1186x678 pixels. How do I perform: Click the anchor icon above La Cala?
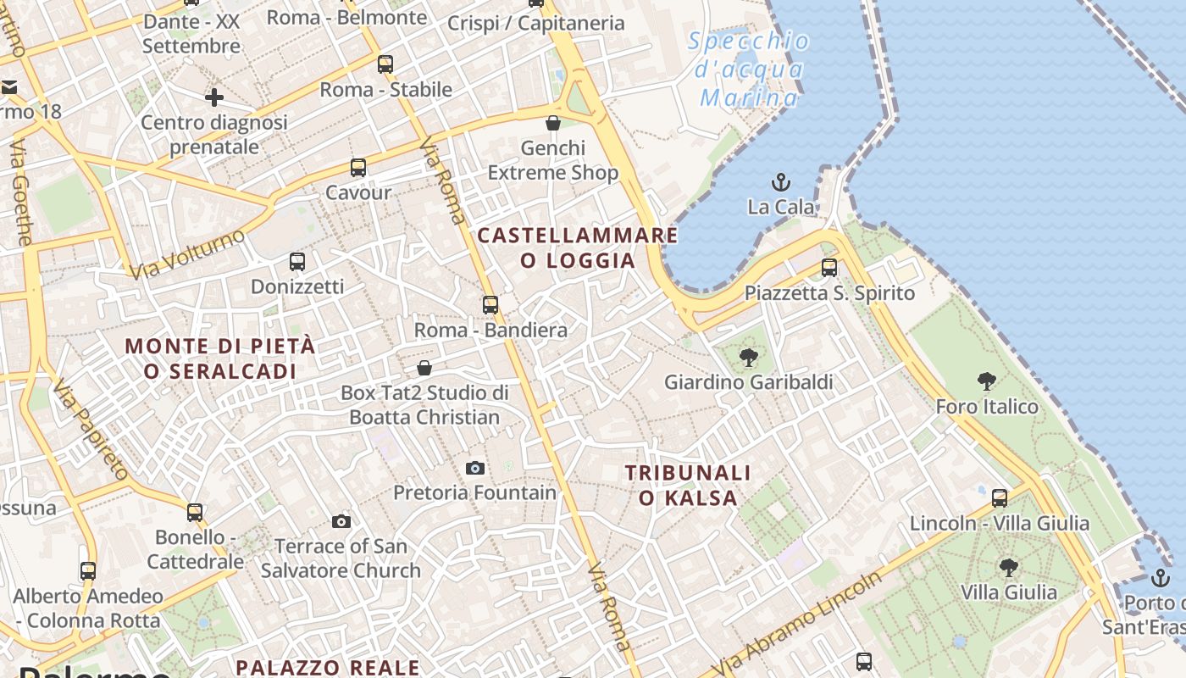tap(780, 182)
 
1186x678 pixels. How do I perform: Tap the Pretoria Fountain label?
tap(475, 492)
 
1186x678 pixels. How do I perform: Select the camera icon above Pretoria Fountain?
tap(475, 468)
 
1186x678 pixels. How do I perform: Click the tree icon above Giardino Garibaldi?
tap(748, 358)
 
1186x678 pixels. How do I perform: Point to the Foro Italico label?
tap(986, 407)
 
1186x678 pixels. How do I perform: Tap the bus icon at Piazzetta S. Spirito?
tap(829, 268)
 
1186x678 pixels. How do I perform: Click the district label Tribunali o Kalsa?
tap(688, 485)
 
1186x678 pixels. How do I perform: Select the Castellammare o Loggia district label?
tap(578, 247)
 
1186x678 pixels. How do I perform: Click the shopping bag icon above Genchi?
tap(553, 124)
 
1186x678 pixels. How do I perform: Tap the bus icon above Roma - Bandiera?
tap(490, 305)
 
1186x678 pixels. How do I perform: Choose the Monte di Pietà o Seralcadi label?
tap(219, 358)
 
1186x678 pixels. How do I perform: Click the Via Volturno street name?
tap(187, 253)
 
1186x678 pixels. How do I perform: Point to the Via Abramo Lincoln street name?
tap(799, 623)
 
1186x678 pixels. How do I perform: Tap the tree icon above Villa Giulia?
tap(1008, 567)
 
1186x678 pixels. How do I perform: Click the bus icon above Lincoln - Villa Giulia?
tap(1000, 497)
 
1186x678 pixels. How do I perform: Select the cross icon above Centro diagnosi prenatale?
tap(214, 97)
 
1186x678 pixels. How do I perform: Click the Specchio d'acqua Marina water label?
tap(748, 69)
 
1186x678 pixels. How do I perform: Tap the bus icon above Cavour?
tap(358, 168)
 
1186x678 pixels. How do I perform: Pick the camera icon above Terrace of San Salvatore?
tap(341, 521)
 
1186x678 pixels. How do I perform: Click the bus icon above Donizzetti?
tap(297, 262)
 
